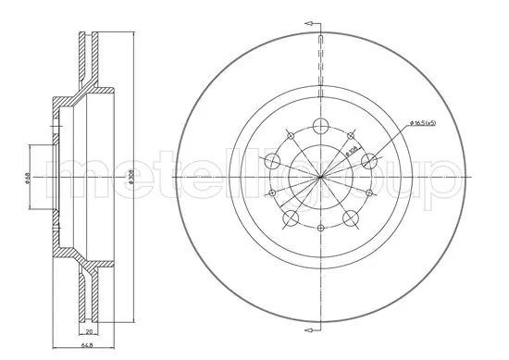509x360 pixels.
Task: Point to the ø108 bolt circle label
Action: point(351,144)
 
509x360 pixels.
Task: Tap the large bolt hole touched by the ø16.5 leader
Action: point(370,161)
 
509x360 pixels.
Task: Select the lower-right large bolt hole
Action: point(352,218)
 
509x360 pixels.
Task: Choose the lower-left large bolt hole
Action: point(290,218)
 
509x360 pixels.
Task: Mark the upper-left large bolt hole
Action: point(272,161)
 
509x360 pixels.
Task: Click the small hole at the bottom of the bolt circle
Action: point(321,229)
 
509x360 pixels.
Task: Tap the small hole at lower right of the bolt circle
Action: point(370,193)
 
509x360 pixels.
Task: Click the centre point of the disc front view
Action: point(321,177)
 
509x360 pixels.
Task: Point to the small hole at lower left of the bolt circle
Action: point(271,193)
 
